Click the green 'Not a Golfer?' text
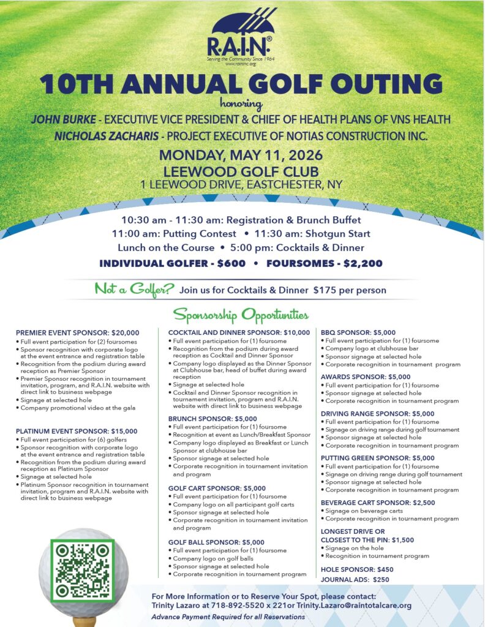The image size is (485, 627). pos(134,288)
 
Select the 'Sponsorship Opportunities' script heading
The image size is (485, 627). pos(241,315)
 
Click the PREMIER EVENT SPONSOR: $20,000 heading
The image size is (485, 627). pos(78,332)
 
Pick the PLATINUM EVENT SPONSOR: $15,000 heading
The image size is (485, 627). pos(77,431)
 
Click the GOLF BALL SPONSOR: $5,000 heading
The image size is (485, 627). pos(216,542)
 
